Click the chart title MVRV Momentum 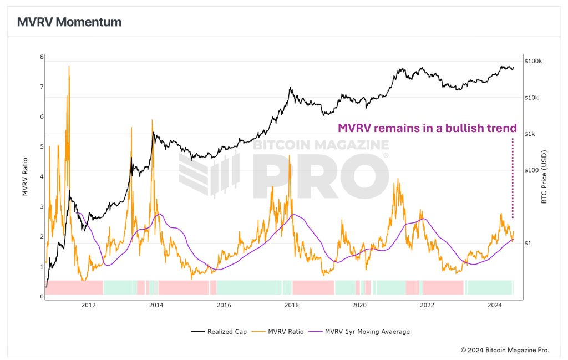[69, 22]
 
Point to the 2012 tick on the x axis [88, 305]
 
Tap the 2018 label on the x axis [291, 305]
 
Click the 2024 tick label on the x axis [494, 305]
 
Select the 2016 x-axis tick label [224, 305]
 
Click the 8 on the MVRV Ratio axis [42, 57]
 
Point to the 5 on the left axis [42, 147]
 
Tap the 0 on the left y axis [42, 297]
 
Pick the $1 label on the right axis [529, 243]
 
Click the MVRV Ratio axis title [25, 178]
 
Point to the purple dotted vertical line [512, 178]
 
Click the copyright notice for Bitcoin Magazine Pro [505, 350]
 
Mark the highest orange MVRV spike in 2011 [69, 67]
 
